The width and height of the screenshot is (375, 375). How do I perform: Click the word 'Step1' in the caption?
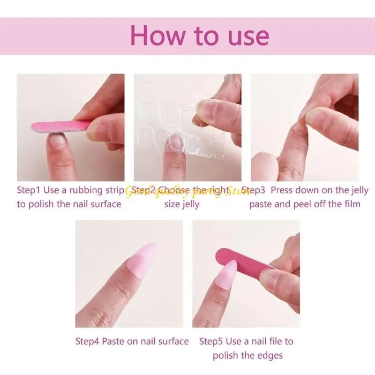(x=29, y=190)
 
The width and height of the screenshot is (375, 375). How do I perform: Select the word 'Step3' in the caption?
(x=254, y=190)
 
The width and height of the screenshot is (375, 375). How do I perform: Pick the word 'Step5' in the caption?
(x=211, y=341)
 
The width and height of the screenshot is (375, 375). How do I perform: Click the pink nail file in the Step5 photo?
(x=244, y=263)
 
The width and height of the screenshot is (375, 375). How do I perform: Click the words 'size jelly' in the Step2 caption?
(x=182, y=204)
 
